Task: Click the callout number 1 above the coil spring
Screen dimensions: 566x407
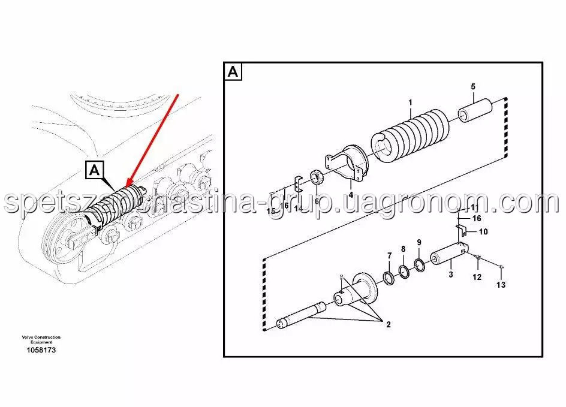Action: [410, 103]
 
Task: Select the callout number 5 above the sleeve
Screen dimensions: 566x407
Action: [473, 86]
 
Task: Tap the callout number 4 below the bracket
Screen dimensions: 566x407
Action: [351, 195]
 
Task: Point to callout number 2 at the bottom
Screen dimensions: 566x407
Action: [389, 324]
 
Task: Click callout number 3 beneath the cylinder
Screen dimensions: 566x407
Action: [451, 274]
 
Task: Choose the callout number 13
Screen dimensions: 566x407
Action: [501, 285]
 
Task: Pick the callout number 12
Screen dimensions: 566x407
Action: [477, 277]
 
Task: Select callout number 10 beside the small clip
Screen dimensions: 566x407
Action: [483, 231]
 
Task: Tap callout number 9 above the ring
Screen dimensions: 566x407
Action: [419, 242]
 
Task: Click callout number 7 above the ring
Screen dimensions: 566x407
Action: [390, 255]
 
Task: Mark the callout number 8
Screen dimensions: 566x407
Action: [403, 249]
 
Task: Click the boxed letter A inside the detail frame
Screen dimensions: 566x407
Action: [233, 72]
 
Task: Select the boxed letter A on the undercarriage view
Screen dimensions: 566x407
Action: [95, 169]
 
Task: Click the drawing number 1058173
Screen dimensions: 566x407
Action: [41, 349]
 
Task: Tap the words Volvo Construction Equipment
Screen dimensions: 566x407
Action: [41, 339]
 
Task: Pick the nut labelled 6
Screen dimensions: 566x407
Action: [317, 178]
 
